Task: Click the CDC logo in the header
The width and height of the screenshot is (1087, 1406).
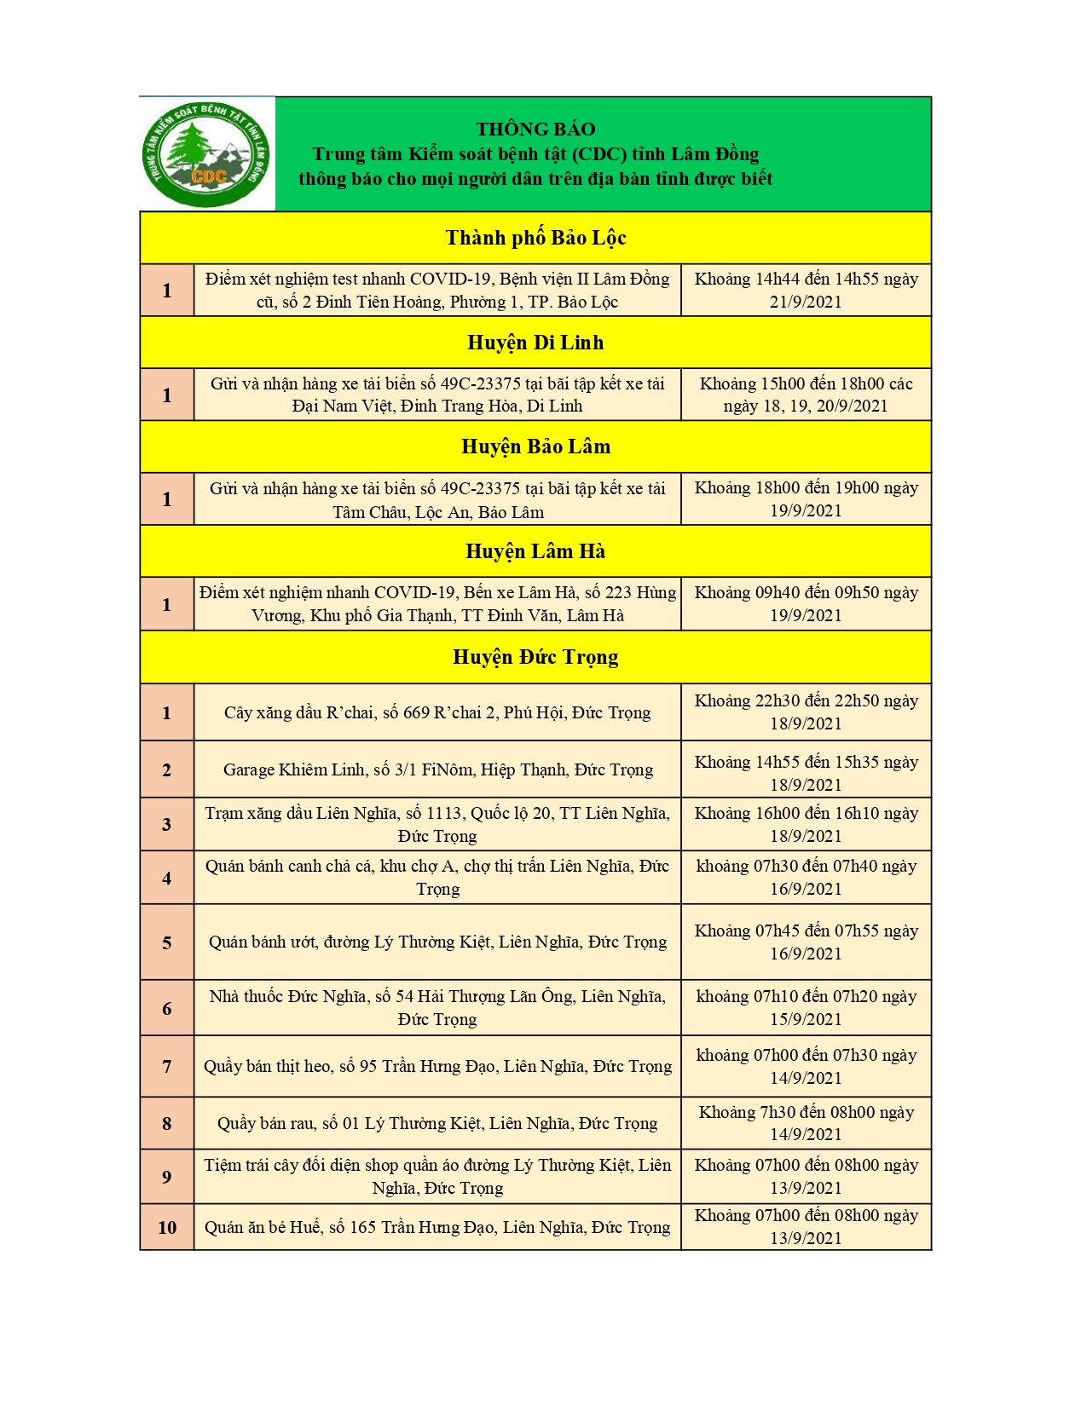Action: (x=207, y=154)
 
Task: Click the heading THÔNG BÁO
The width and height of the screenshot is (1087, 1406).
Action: (x=535, y=129)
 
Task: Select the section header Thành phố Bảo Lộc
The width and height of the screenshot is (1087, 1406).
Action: (x=535, y=238)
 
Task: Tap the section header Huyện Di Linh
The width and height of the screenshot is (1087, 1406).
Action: (x=535, y=343)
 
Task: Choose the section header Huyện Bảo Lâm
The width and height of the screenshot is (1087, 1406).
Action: (x=535, y=447)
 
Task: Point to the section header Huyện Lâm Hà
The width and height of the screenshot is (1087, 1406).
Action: (x=535, y=551)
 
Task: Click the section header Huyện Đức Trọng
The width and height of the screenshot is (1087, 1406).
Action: (x=535, y=657)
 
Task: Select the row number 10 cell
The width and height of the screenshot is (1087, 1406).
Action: (x=167, y=1227)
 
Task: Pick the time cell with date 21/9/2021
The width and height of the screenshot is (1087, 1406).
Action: (x=806, y=291)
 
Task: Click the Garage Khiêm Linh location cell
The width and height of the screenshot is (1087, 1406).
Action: (x=437, y=769)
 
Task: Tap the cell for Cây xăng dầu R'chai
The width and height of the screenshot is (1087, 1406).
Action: (x=437, y=712)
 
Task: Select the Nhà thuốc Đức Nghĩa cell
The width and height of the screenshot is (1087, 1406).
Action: (x=437, y=1007)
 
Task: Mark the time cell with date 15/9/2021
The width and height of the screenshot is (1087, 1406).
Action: (x=806, y=1007)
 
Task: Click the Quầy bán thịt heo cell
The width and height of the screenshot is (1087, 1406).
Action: (x=437, y=1066)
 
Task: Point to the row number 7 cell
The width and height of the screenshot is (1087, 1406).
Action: (x=167, y=1066)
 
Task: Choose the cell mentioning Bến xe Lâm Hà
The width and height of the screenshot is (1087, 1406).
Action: (x=437, y=604)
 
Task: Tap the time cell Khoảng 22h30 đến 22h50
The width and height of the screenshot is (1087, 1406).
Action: (x=806, y=712)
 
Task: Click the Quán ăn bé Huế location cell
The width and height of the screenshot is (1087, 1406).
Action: (x=437, y=1227)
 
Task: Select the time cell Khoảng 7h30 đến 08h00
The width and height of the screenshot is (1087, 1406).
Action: (x=806, y=1123)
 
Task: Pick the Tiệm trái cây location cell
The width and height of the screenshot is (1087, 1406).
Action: (x=437, y=1176)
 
